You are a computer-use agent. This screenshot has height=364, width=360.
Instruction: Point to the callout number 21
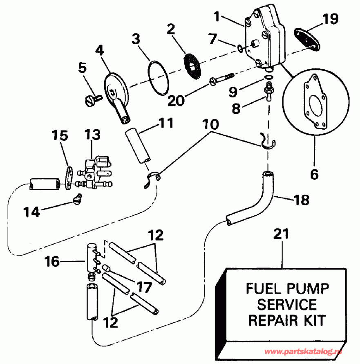point(282,235)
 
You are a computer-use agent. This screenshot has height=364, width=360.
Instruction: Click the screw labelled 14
point(77,199)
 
